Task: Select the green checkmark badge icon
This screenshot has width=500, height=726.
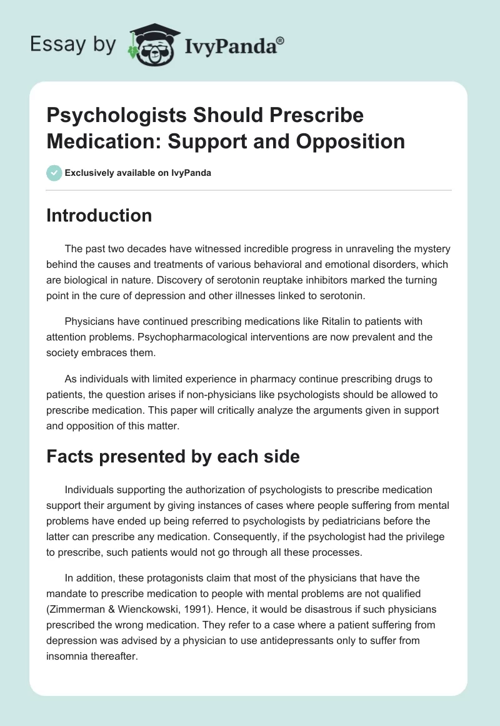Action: click(54, 173)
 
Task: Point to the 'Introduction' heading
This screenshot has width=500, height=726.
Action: click(99, 215)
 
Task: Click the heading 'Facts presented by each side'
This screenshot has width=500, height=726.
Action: click(173, 457)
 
